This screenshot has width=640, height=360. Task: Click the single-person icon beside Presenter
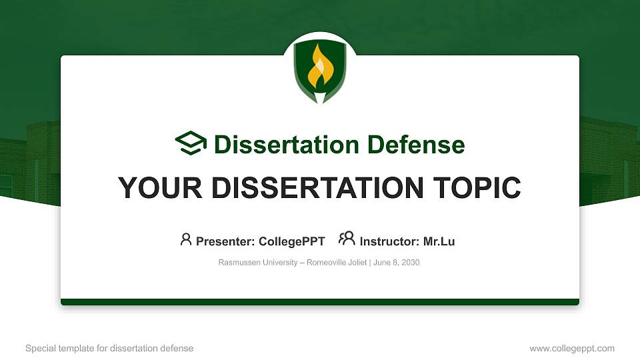pyautogui.click(x=186, y=239)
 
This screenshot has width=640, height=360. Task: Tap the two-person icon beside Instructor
pyautogui.click(x=347, y=239)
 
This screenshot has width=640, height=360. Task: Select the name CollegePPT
pyautogui.click(x=291, y=241)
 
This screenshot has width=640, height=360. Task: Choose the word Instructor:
pyautogui.click(x=389, y=241)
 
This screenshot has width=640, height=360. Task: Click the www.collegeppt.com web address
pyautogui.click(x=572, y=348)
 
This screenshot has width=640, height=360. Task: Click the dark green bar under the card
pyautogui.click(x=320, y=302)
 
